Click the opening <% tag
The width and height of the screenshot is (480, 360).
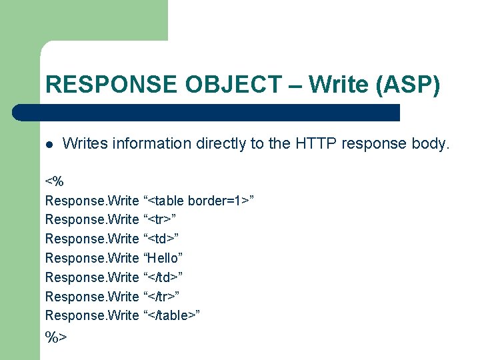54,181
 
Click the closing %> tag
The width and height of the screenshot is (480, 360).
56,337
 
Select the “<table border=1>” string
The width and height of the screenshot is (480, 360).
199,201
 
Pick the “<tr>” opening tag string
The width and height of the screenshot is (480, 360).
160,219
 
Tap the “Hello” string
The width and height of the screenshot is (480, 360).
163,258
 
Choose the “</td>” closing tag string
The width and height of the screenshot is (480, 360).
163,277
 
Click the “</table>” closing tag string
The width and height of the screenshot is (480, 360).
172,315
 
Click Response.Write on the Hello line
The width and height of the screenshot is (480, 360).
91,258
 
